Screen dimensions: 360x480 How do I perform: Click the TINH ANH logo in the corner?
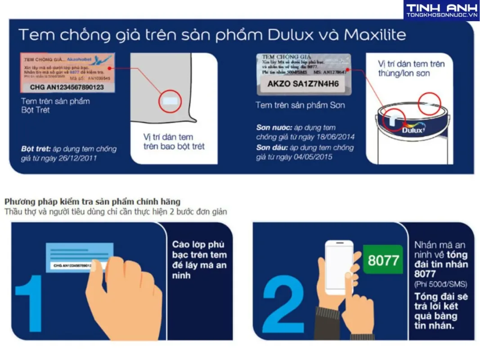click(x=441, y=10)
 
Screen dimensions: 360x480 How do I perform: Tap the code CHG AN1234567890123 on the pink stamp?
click(x=67, y=87)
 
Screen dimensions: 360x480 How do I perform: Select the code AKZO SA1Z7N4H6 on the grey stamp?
click(x=303, y=84)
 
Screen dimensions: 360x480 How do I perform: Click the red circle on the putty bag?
click(x=170, y=100)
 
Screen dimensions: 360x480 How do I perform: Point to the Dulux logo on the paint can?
click(x=413, y=130)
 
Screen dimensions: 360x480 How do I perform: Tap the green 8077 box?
click(x=383, y=260)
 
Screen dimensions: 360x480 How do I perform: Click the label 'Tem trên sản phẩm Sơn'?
click(x=300, y=105)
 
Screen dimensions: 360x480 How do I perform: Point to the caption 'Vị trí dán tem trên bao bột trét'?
click(x=174, y=141)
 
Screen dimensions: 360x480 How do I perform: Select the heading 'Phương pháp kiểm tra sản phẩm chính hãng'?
click(x=92, y=202)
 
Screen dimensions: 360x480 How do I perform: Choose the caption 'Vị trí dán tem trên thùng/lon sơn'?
click(x=410, y=68)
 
